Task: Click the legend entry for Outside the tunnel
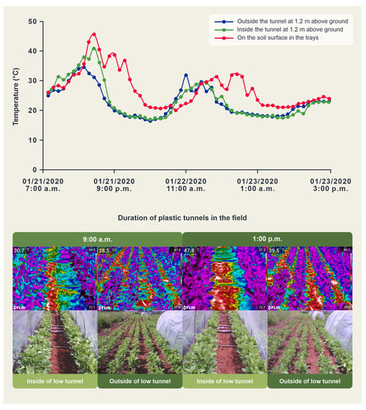[x=283, y=21]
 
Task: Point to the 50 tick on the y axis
[x=31, y=22]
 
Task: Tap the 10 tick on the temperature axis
[x=31, y=139]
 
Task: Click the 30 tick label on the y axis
[x=31, y=81]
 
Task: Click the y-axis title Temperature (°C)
[x=16, y=81]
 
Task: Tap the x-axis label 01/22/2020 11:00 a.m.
[x=186, y=184]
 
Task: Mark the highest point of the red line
[x=94, y=34]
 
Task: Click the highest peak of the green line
[x=92, y=48]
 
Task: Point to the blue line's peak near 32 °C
[x=186, y=75]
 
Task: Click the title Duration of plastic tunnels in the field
[x=183, y=218]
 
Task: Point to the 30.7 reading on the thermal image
[x=20, y=251]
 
